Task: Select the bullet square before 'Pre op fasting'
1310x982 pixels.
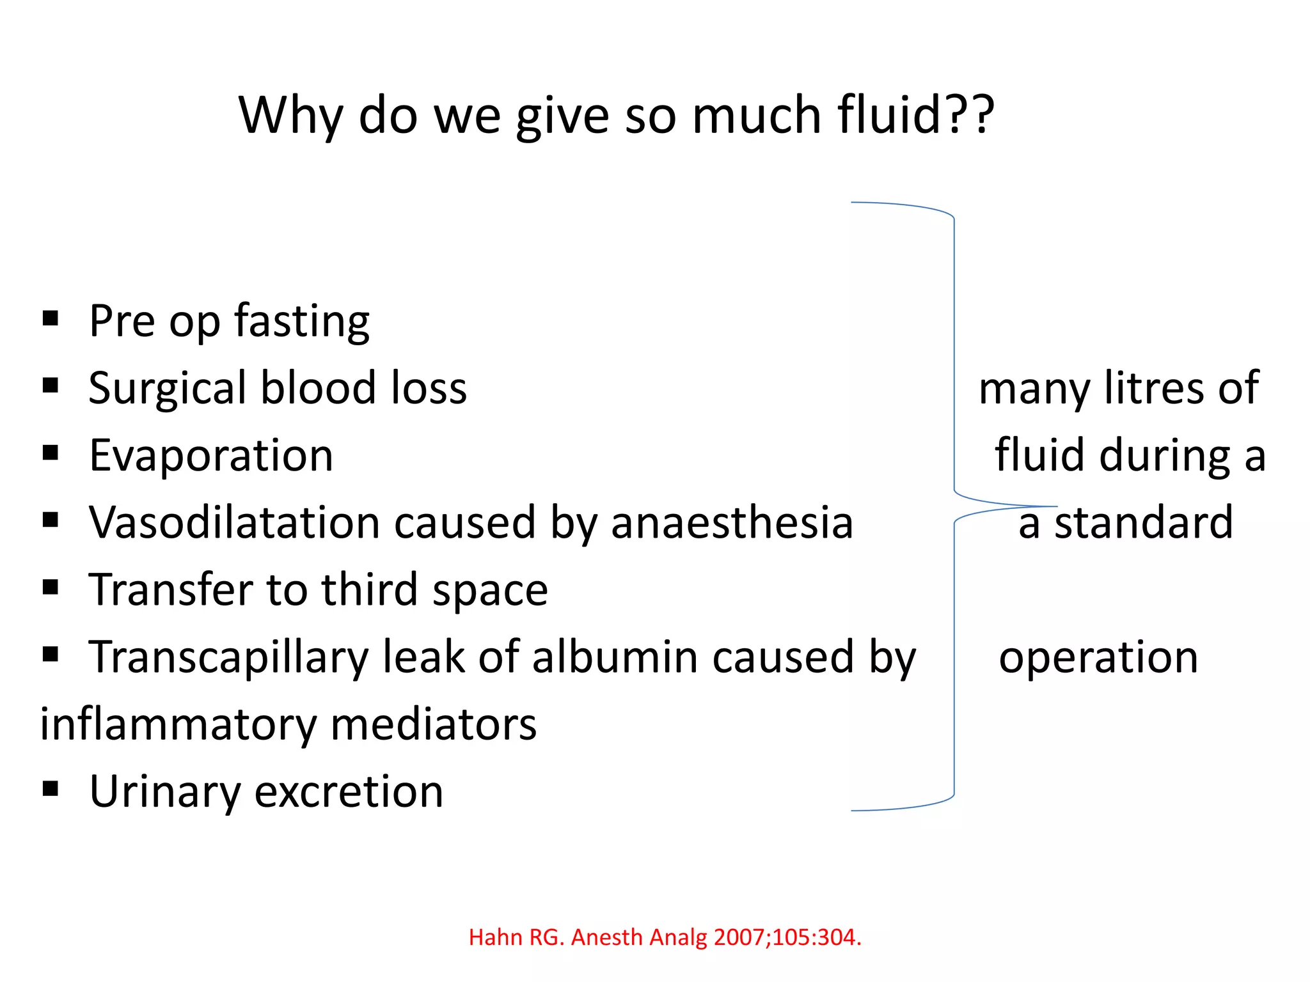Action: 51,318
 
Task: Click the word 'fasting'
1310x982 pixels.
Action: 302,322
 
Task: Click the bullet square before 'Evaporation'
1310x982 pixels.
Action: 51,453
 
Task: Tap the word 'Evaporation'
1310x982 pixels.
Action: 211,456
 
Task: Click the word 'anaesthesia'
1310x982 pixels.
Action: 732,523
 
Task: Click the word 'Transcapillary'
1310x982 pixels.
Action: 228,658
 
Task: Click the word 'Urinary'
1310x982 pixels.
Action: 166,793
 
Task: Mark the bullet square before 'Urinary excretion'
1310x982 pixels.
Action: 51,789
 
